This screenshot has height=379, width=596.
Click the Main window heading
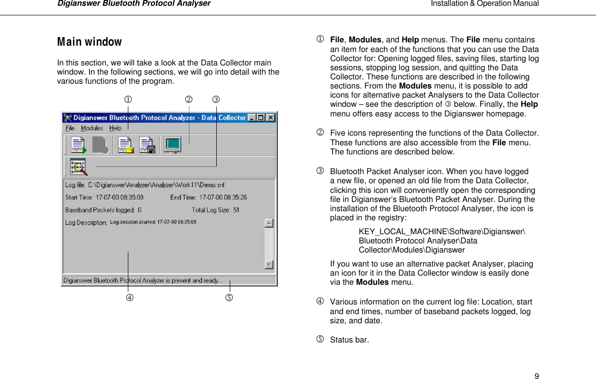pyautogui.click(x=89, y=42)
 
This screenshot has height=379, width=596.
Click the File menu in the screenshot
pyautogui.click(x=70, y=128)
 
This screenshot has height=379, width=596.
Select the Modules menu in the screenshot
pyautogui.click(x=92, y=128)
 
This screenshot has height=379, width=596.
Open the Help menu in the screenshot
pyautogui.click(x=115, y=128)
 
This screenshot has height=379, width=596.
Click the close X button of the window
pyautogui.click(x=271, y=117)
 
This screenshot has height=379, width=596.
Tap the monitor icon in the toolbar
pyautogui.click(x=172, y=145)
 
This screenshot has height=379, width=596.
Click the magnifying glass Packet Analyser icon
pyautogui.click(x=78, y=167)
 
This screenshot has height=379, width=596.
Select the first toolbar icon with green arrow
pyautogui.click(x=78, y=145)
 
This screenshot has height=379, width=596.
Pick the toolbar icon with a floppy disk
pyautogui.click(x=147, y=145)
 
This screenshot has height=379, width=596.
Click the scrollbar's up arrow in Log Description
pyautogui.click(x=269, y=223)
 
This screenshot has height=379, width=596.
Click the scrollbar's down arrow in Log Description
pyautogui.click(x=269, y=265)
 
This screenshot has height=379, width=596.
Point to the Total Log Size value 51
pyautogui.click(x=236, y=210)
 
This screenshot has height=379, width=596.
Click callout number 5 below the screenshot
pyautogui.click(x=229, y=297)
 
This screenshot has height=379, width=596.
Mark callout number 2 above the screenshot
pyautogui.click(x=189, y=100)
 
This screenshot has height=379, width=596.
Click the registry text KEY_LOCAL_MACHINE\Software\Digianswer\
pyautogui.click(x=442, y=232)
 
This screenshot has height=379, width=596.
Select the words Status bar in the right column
pyautogui.click(x=349, y=340)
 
